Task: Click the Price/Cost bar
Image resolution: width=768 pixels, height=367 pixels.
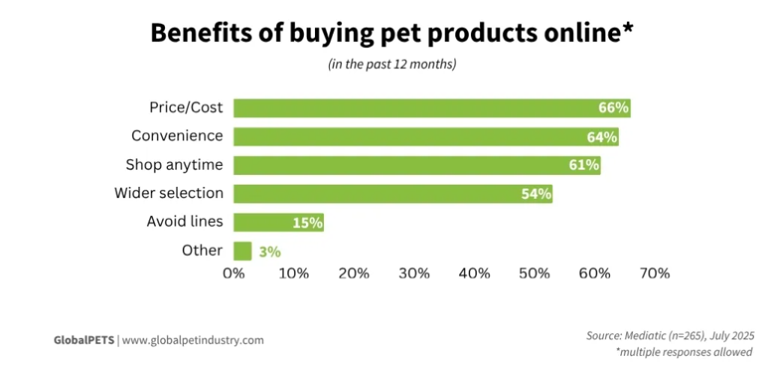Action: click(412, 108)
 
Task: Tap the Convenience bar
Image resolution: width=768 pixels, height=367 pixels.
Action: click(405, 137)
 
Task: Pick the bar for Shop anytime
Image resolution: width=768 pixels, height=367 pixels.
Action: click(397, 165)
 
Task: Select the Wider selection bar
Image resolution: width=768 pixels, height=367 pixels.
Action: click(375, 194)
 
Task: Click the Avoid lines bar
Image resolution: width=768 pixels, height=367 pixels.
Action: click(262, 222)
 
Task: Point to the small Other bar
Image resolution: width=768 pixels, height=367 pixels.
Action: click(242, 251)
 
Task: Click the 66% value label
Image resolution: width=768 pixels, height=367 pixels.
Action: click(613, 108)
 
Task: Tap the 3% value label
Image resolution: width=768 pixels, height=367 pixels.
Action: click(270, 251)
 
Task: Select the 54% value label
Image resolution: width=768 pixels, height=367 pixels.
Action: click(536, 194)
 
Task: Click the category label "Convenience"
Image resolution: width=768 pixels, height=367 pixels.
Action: click(177, 136)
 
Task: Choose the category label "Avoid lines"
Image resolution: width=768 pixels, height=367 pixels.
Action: click(186, 222)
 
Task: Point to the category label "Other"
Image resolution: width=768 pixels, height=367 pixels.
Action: click(202, 251)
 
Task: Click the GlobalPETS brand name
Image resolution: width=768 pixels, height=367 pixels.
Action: click(83, 340)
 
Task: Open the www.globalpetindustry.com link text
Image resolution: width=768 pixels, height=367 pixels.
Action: click(193, 340)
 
